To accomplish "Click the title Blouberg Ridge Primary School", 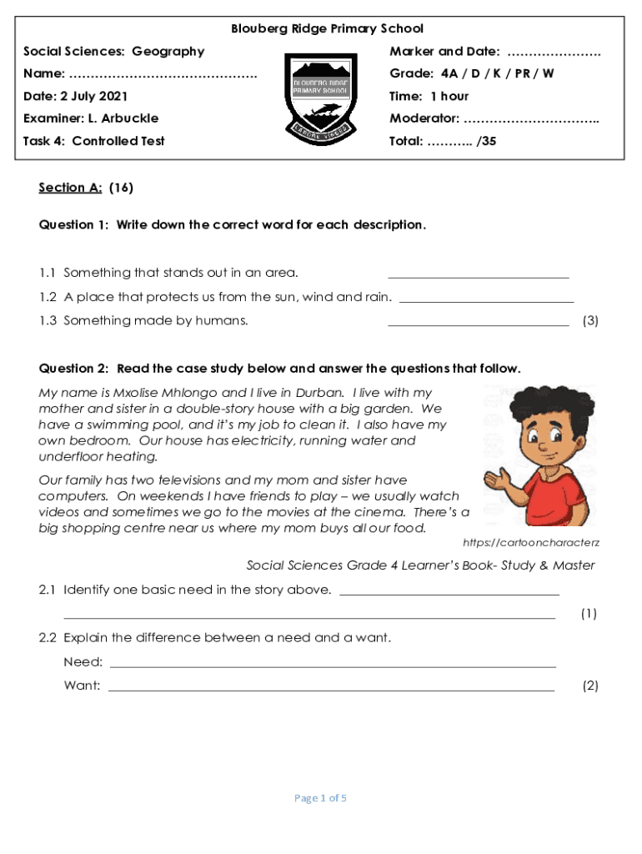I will click(327, 29).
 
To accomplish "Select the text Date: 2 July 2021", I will click(76, 96).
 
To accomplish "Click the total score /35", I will click(485, 141).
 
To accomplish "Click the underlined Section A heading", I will click(70, 188).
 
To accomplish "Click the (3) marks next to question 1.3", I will click(590, 320).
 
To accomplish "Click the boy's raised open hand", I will click(498, 479).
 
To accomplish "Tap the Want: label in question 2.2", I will click(83, 686).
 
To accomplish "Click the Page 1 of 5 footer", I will click(321, 798).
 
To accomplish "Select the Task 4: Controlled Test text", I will click(94, 141).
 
